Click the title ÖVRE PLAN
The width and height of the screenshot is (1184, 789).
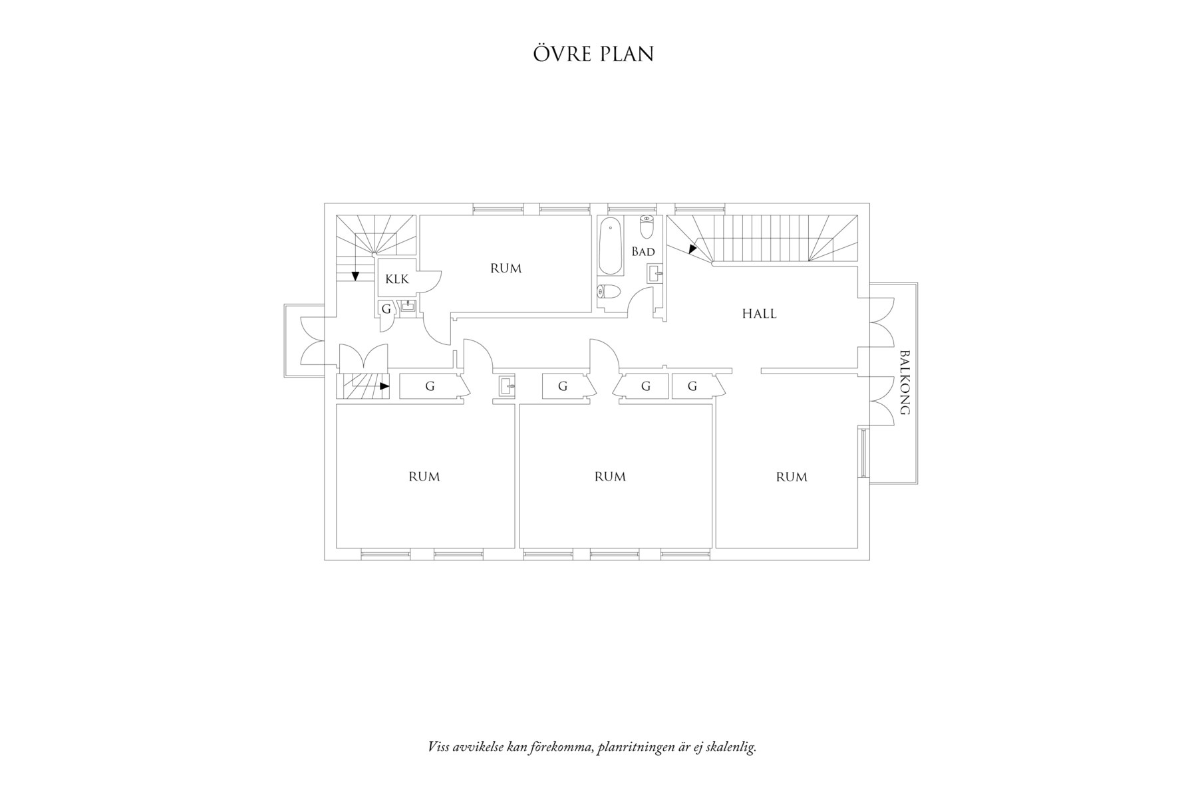pos(593,54)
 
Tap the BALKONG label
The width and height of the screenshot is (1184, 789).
pos(904,382)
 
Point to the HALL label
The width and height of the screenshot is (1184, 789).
pos(759,314)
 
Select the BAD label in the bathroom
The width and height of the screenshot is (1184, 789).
pos(643,252)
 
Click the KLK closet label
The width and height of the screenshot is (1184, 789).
pos(397,279)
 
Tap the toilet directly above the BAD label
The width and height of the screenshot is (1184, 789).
pos(647,227)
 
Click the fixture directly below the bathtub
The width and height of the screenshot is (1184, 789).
pos(609,291)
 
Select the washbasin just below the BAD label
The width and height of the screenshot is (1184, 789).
pos(655,273)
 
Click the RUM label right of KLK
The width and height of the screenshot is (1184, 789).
pos(506,269)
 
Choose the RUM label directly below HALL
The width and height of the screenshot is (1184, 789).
pos(792,477)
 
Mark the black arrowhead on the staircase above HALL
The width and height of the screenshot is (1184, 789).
pos(692,249)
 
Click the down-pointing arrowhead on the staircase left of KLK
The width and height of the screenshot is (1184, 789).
pos(356,276)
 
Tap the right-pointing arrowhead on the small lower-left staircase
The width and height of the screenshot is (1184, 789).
pos(384,386)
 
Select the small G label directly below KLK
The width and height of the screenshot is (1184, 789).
pos(386,308)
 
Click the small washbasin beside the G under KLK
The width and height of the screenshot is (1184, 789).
pos(407,306)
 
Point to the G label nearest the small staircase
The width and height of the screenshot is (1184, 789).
pos(430,386)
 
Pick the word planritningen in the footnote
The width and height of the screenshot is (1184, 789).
pos(636,747)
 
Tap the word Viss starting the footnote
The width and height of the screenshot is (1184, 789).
pos(438,747)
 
